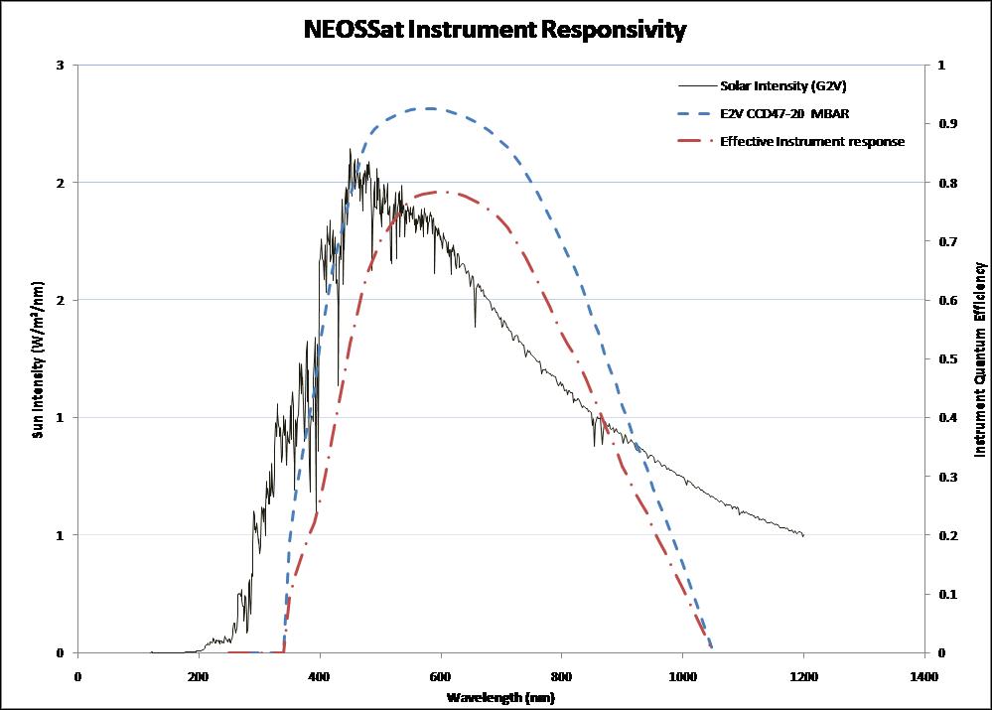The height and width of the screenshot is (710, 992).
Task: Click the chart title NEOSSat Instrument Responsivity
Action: click(496, 31)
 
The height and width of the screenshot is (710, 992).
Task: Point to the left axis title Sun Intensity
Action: click(37, 359)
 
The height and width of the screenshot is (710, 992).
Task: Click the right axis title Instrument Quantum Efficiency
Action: click(981, 359)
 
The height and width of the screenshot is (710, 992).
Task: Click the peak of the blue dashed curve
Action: click(429, 108)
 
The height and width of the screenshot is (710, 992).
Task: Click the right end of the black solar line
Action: click(802, 535)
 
